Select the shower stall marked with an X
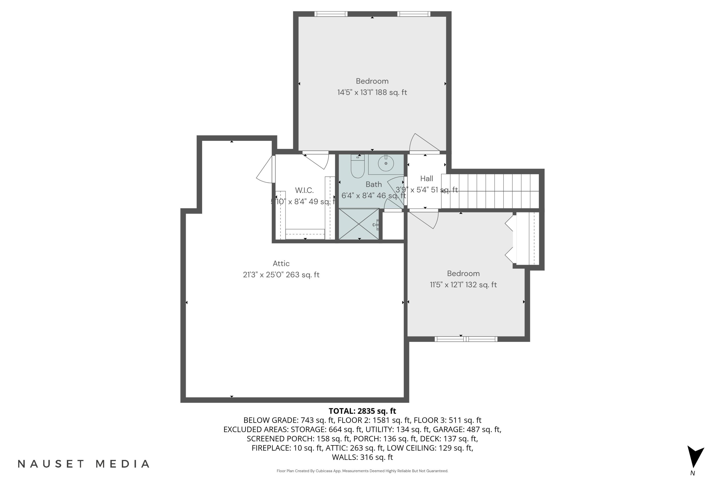pos(359,224)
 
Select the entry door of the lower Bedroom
pos(424,219)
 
